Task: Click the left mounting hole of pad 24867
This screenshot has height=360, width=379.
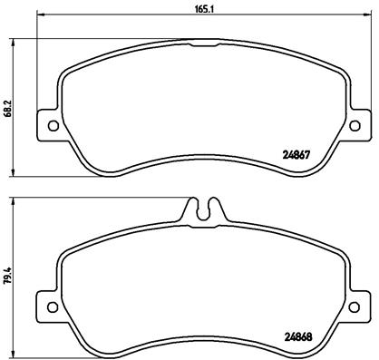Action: coord(51,125)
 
